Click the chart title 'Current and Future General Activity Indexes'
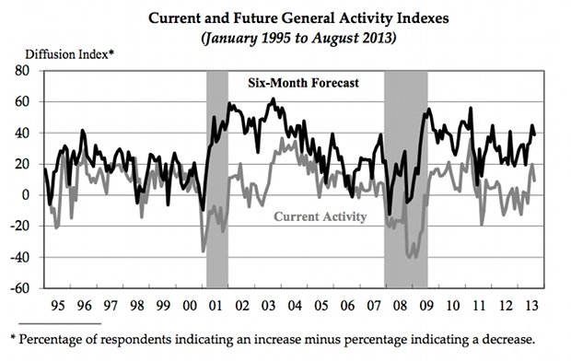pos(298,18)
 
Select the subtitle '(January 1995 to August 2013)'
pos(298,38)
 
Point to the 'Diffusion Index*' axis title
pos(70,54)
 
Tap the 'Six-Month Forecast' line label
pos(303,83)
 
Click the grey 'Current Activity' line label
pos(320,216)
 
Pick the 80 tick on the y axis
pos(22,70)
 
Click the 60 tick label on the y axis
pos(22,101)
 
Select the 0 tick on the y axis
pos(25,195)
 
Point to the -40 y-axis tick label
pos(19,257)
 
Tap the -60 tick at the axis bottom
pos(19,288)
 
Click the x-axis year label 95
pos(58,305)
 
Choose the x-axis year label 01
pos(216,305)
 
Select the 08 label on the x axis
pos(400,305)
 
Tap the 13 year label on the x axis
pos(531,305)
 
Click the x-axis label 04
pos(295,305)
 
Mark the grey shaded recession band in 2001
pos(217,180)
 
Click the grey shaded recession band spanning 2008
pos(405,180)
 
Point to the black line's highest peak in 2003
pos(274,99)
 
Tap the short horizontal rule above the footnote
pos(60,323)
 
